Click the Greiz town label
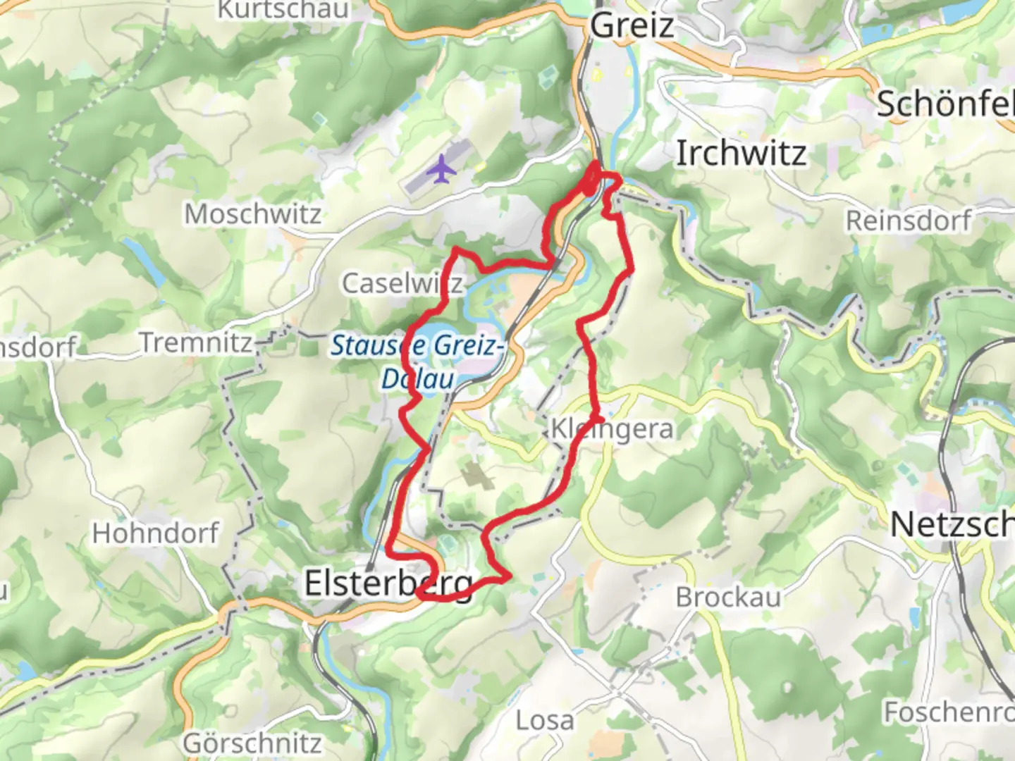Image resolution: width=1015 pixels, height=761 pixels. [x=632, y=26]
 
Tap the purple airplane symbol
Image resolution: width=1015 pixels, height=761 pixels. [x=441, y=169]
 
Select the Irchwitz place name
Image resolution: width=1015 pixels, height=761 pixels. [x=741, y=154]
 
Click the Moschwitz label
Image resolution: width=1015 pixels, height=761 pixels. [x=252, y=214]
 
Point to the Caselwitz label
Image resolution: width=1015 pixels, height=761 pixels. [x=402, y=283]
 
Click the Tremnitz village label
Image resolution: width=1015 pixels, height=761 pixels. [x=196, y=342]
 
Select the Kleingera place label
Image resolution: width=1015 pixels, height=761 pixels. [x=612, y=428]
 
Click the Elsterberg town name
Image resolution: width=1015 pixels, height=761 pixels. [x=388, y=583]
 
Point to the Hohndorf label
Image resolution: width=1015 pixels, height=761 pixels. [x=155, y=533]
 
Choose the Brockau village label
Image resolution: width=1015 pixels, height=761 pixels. [x=728, y=598]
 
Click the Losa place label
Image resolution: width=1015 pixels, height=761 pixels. [x=544, y=720]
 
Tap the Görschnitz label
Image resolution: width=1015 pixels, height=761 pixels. [x=252, y=743]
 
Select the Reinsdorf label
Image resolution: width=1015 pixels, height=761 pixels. [x=909, y=221]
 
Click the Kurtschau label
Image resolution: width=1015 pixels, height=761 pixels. [x=283, y=10]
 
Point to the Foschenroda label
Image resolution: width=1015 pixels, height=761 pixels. [x=948, y=712]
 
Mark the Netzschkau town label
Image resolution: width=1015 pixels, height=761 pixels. [x=952, y=525]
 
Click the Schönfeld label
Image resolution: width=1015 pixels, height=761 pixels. [x=945, y=104]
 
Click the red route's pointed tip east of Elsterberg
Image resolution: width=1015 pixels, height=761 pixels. [x=509, y=578]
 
